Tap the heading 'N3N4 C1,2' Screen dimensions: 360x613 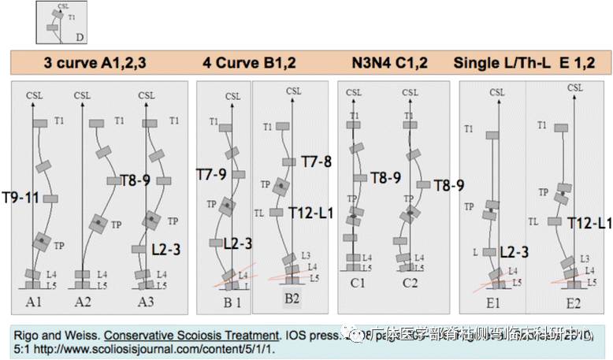pos(389,63)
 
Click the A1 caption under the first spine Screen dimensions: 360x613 pos(35,302)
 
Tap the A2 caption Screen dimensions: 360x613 pos(84,302)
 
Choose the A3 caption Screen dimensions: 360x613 pos(147,302)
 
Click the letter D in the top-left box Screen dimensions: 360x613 pos(80,37)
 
